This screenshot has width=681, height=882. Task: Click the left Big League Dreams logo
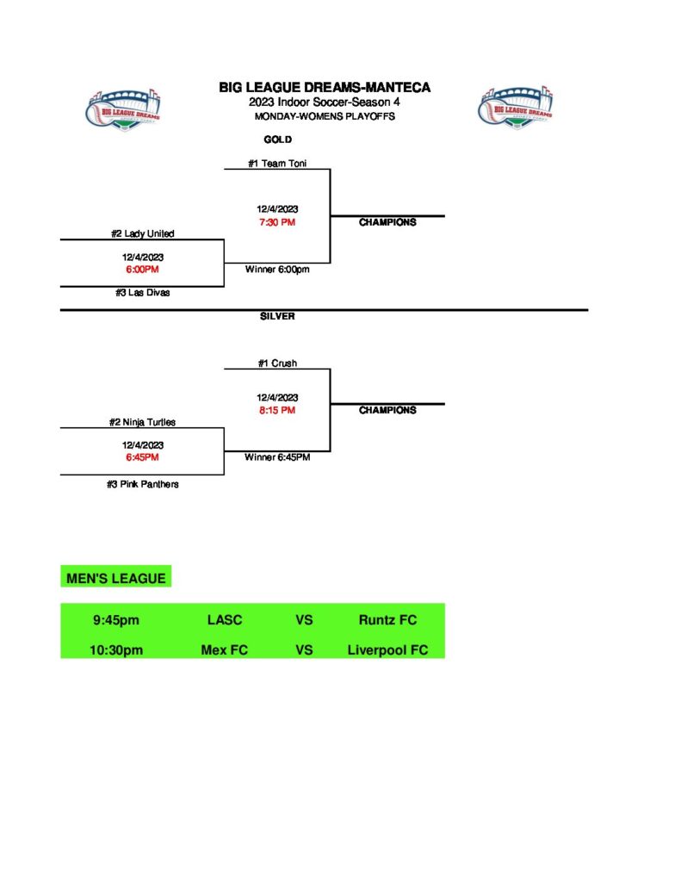(x=124, y=109)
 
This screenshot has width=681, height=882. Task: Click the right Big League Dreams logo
(x=514, y=109)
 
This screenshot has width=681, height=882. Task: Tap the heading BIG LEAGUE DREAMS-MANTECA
(x=325, y=88)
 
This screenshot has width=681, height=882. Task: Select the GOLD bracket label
(x=277, y=140)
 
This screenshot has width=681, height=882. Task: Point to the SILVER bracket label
(x=277, y=316)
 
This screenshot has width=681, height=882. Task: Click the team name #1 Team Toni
(x=277, y=163)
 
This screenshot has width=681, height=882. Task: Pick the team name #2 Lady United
(x=142, y=233)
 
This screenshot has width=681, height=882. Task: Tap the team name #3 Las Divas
(x=142, y=293)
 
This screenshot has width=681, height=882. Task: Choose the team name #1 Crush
(x=277, y=363)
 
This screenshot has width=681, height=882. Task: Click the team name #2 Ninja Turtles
(x=142, y=422)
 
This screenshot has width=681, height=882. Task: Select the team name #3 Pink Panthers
(x=142, y=484)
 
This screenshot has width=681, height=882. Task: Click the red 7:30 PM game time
(x=277, y=222)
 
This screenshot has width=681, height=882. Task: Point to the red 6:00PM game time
(x=142, y=270)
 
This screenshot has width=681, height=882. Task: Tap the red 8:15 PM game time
(x=277, y=410)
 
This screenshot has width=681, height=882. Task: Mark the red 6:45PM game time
(x=142, y=457)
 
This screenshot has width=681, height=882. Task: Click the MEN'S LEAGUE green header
(x=116, y=578)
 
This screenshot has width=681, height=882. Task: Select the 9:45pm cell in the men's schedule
(x=116, y=620)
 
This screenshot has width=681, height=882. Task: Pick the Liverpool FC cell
(x=387, y=650)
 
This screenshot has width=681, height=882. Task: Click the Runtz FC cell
(x=387, y=620)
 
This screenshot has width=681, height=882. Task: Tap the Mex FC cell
(x=224, y=650)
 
